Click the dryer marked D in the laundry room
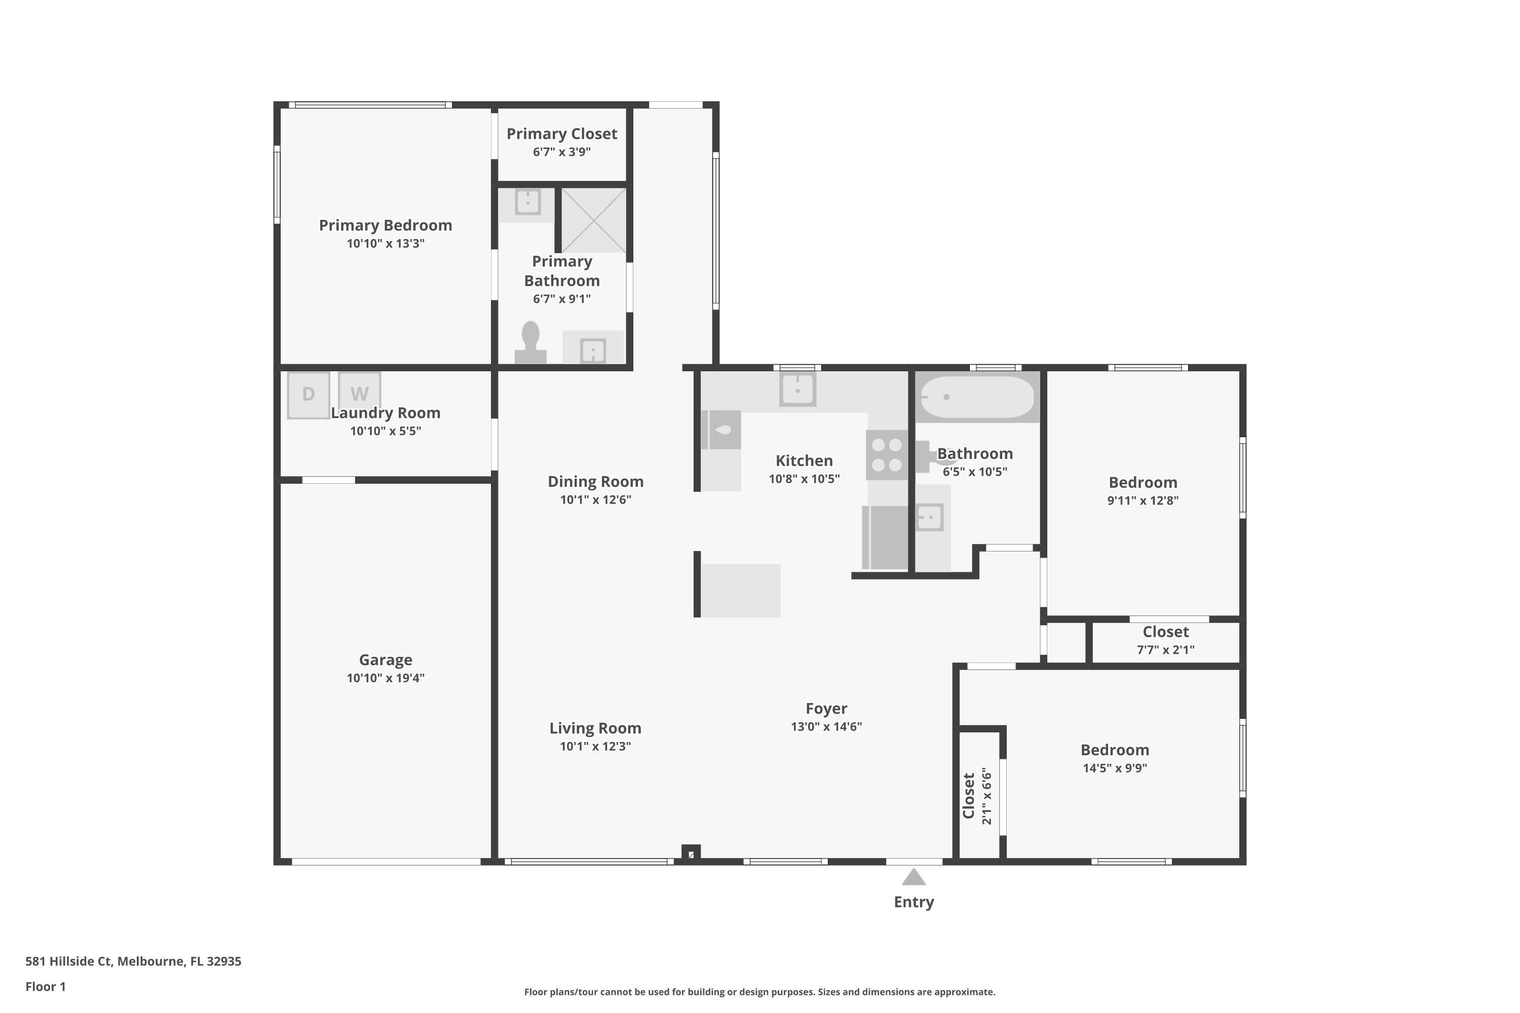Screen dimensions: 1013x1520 pos(308,394)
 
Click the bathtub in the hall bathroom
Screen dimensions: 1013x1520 pos(976,397)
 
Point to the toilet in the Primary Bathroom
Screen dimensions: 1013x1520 pos(530,342)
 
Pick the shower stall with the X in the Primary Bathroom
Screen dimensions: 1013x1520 pos(593,220)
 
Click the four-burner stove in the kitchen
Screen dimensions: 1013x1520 pos(887,455)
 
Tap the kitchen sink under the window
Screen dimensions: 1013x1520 pos(797,390)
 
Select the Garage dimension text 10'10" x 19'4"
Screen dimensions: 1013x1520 pos(385,678)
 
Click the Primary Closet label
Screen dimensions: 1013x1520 pos(561,134)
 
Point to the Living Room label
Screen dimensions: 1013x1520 pos(595,728)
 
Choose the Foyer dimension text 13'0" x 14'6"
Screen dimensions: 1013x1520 pos(826,726)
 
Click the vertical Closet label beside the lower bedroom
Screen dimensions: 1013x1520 pos(968,795)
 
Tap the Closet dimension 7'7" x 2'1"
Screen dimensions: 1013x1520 pos(1165,650)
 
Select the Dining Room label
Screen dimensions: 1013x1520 pos(595,481)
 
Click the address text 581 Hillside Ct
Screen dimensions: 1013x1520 pos(133,961)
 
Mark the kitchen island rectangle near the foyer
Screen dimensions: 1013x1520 pos(741,590)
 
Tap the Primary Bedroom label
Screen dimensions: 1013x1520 pos(385,225)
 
